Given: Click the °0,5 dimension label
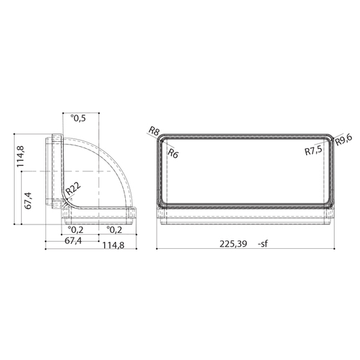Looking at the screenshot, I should pos(78,118).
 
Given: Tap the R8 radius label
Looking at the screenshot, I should pos(154,130).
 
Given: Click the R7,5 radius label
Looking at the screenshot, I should pos(314,150).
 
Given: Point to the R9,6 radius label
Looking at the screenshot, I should pos(343,141).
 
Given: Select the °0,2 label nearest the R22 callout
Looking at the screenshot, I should pos(77,229).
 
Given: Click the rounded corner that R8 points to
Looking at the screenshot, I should pos(161,137).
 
